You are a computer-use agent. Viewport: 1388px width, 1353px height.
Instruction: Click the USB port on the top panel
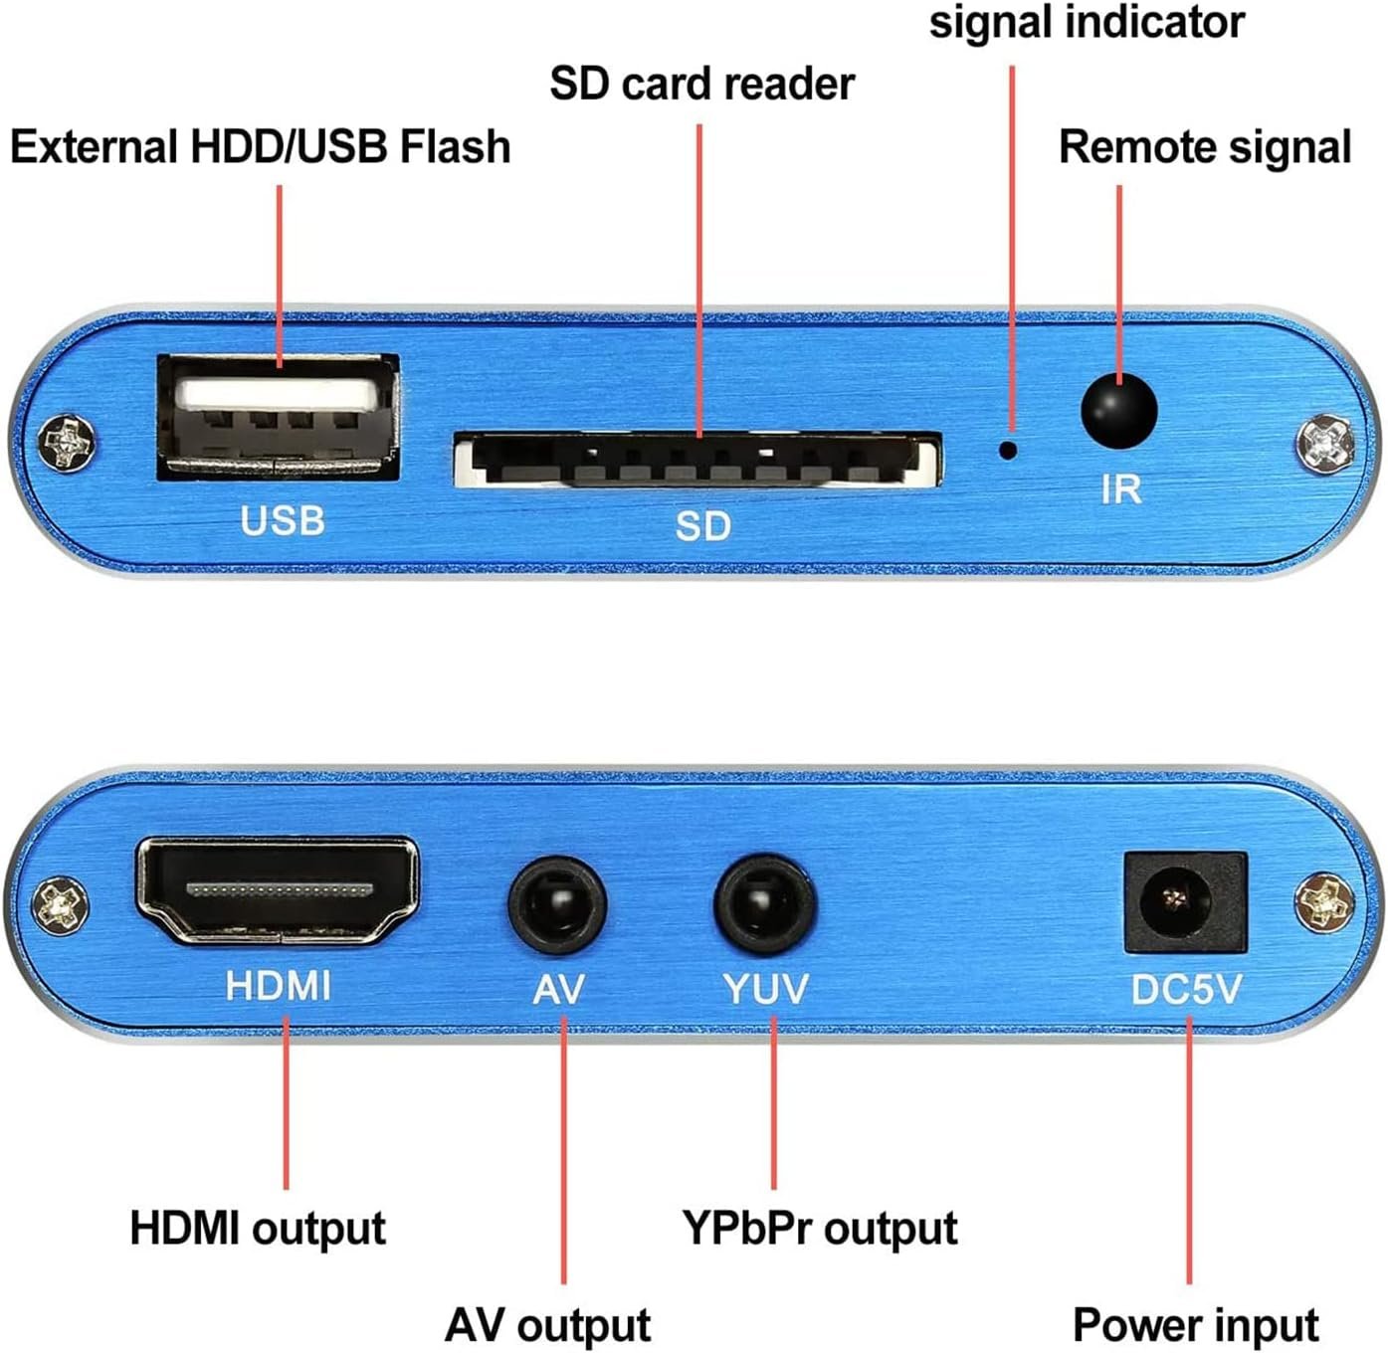[x=278, y=418]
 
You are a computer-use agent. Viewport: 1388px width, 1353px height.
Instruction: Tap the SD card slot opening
[x=697, y=462]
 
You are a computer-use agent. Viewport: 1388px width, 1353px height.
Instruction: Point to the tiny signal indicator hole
[x=1008, y=450]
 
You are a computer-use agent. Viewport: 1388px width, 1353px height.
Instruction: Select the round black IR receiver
[x=1118, y=410]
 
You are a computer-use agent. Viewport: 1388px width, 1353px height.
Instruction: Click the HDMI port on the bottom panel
[x=278, y=890]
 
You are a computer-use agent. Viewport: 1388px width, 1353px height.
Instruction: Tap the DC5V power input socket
[x=1184, y=902]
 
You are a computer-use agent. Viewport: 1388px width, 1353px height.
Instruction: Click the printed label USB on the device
[x=283, y=520]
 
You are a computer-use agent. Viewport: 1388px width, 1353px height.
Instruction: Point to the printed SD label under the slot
[x=702, y=525]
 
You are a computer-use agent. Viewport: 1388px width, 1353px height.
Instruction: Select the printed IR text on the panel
[x=1120, y=489]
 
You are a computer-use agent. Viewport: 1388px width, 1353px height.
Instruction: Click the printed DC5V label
[x=1186, y=989]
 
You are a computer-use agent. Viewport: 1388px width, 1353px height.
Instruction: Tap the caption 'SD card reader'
[x=701, y=84]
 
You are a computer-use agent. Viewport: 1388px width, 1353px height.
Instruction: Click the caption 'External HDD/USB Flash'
[x=260, y=146]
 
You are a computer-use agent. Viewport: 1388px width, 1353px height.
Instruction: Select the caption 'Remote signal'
[x=1204, y=147]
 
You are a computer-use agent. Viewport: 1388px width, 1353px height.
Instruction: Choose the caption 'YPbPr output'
[x=819, y=1228]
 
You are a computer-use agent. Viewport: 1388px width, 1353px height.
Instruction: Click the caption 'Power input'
[x=1195, y=1325]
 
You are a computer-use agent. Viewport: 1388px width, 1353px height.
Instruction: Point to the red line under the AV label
[x=563, y=1144]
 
